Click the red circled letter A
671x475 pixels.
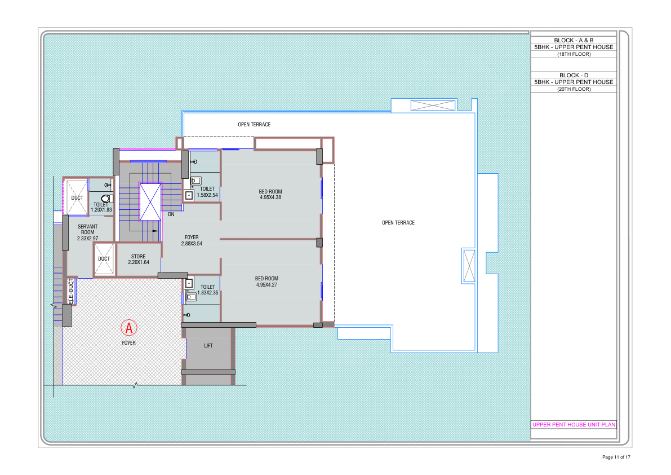point(129,328)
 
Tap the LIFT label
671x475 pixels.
point(208,346)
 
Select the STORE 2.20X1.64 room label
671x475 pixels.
point(138,259)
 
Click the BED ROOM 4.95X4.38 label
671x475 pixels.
point(270,195)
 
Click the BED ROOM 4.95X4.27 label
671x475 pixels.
point(266,282)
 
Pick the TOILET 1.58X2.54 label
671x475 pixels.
point(207,192)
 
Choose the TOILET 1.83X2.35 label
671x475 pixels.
point(207,290)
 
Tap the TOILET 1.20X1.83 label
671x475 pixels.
point(101,207)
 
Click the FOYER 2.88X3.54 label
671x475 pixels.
point(192,240)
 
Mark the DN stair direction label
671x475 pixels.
point(171,214)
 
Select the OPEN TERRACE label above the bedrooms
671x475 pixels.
point(254,125)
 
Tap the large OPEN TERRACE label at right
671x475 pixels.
point(398,223)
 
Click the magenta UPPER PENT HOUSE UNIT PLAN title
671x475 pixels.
point(574,424)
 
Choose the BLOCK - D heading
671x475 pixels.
point(574,75)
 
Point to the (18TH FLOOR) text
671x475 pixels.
point(574,54)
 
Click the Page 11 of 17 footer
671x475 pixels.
point(616,457)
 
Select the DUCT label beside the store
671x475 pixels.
point(104,259)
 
